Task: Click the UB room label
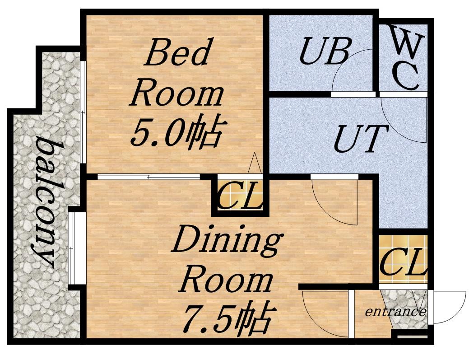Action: click(x=325, y=51)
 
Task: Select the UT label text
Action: click(x=360, y=139)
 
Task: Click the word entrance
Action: click(x=395, y=312)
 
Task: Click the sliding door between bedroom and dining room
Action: click(x=149, y=177)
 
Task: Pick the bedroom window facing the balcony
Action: click(x=84, y=112)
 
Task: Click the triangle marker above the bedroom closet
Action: click(x=255, y=163)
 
